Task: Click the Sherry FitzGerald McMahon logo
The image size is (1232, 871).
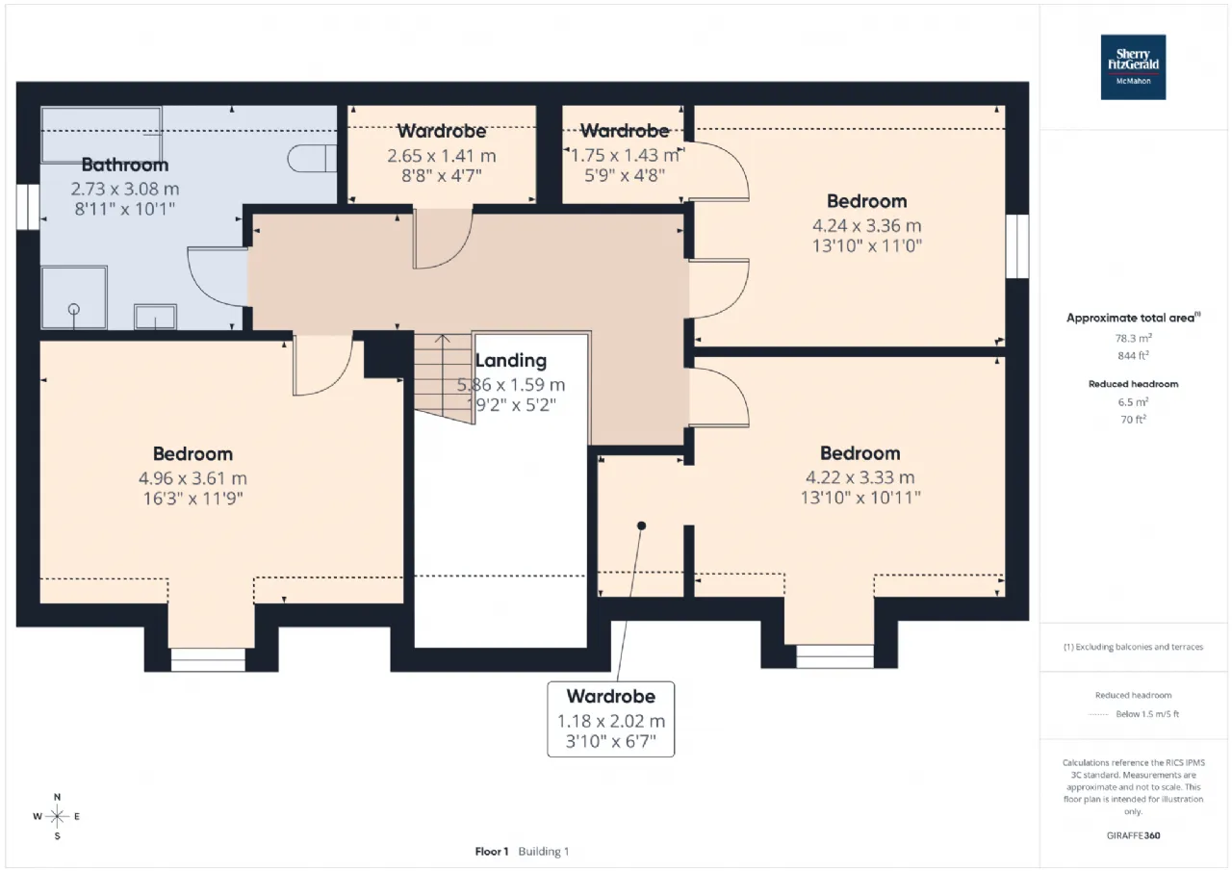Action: pos(1133,67)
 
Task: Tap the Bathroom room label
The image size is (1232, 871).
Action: pos(125,165)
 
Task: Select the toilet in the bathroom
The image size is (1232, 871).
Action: pos(312,159)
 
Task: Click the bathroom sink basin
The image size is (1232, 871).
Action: pos(156,317)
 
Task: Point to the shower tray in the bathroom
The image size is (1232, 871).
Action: pos(74,297)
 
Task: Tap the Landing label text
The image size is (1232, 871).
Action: pos(510,361)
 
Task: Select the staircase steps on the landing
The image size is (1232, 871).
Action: pos(444,378)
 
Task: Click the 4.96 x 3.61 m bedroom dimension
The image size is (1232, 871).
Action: pos(192,477)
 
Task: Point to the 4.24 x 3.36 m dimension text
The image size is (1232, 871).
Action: pos(867,225)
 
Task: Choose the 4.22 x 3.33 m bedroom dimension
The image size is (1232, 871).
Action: pos(860,477)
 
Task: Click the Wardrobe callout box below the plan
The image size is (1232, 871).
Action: pos(610,719)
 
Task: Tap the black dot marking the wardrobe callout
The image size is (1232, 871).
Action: pos(641,525)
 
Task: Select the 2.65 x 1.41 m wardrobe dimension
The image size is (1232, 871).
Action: pos(442,156)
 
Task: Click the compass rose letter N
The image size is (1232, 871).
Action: pos(57,797)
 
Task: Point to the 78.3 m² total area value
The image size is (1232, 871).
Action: pos(1133,338)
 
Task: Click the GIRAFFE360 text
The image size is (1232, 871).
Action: pos(1133,835)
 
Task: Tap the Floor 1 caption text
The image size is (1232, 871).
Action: pos(492,851)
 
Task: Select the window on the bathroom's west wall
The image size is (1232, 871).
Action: pos(28,207)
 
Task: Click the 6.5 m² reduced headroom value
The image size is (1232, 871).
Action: pos(1133,402)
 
